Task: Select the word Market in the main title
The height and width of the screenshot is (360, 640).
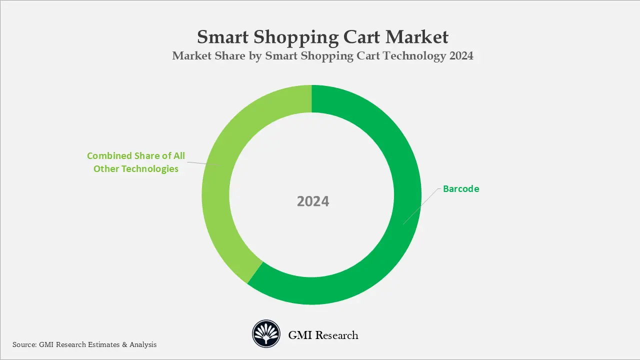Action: [418, 37]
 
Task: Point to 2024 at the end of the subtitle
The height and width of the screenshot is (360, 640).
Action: [461, 56]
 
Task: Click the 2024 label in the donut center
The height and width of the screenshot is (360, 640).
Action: [313, 201]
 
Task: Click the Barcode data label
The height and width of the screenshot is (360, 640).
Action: [461, 189]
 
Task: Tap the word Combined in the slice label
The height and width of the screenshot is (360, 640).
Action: [108, 156]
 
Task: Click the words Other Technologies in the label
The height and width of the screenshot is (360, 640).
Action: [136, 169]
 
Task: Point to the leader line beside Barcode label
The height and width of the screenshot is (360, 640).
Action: [422, 206]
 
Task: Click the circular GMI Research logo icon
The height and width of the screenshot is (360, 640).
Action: [266, 334]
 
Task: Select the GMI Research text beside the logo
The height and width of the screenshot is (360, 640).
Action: [323, 335]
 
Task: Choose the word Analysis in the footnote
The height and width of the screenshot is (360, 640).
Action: [143, 344]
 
